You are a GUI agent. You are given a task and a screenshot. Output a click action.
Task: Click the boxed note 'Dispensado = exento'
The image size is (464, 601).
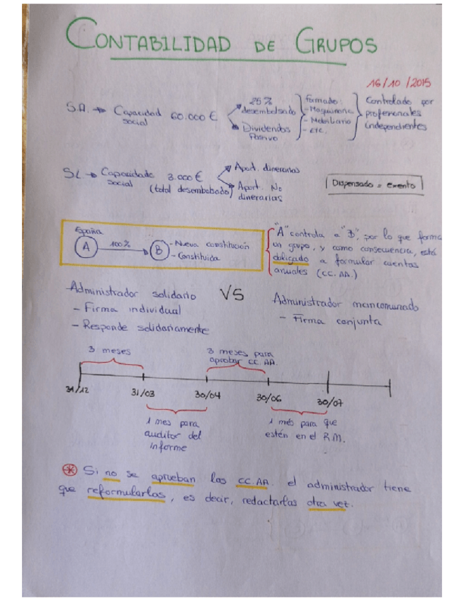click(x=374, y=184)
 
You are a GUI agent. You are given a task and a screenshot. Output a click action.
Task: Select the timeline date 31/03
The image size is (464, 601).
click(x=144, y=394)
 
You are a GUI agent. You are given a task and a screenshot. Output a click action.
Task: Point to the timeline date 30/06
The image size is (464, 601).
click(x=270, y=399)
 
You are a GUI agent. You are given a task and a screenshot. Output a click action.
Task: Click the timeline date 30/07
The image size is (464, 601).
click(x=330, y=401)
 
